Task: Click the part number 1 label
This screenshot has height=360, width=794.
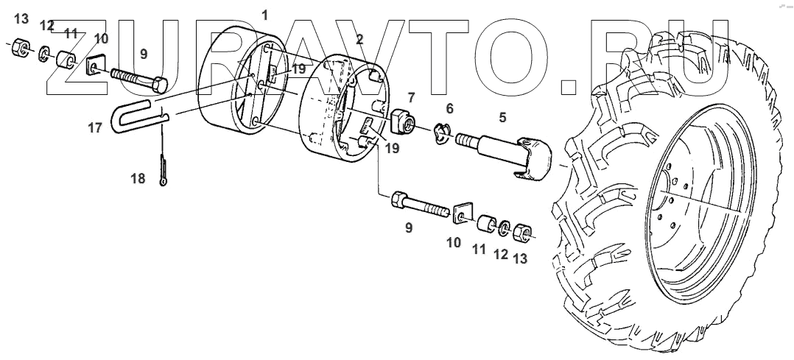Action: (x=265, y=14)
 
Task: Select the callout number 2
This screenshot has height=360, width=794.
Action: (x=359, y=38)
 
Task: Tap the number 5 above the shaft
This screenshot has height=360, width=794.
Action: (x=502, y=116)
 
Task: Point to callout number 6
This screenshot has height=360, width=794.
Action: (x=449, y=107)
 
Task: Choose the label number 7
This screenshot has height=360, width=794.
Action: (x=411, y=96)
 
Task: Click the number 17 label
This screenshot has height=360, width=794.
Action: (x=94, y=128)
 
